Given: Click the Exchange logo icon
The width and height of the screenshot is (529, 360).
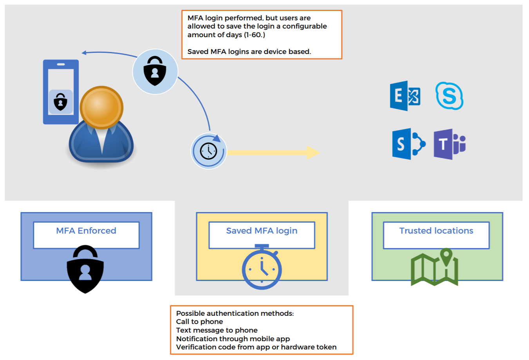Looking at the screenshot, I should click(x=405, y=96).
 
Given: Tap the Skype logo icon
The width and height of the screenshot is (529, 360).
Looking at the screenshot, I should click(x=450, y=96).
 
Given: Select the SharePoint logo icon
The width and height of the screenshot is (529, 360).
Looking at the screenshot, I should click(x=408, y=144).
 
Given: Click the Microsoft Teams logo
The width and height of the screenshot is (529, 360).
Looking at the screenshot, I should click(x=450, y=144).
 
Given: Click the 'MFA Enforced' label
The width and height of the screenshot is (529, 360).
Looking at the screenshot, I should click(x=86, y=231).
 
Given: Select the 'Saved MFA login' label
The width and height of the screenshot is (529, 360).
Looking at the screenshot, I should click(x=262, y=231).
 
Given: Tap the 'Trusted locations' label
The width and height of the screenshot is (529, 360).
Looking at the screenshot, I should click(x=436, y=231).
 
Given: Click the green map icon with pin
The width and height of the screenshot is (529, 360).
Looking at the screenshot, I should click(x=434, y=268).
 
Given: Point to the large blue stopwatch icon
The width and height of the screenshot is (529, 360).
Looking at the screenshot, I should click(x=262, y=268).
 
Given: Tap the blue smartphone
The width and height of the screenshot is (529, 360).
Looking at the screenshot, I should click(x=61, y=92).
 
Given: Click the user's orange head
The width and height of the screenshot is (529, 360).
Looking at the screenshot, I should click(x=101, y=107).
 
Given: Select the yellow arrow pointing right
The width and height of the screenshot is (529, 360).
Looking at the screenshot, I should click(x=274, y=153).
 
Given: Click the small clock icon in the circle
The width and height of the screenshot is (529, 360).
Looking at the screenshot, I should click(x=208, y=151).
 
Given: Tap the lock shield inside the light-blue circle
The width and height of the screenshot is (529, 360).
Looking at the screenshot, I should click(x=155, y=71).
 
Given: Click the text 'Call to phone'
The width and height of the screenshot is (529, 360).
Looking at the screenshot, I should click(x=199, y=322).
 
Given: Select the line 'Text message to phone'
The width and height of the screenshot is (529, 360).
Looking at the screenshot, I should click(x=217, y=330).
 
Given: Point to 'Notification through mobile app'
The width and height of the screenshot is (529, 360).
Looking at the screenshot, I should click(x=233, y=339).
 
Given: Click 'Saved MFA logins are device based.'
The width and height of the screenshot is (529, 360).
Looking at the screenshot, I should click(x=249, y=52).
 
